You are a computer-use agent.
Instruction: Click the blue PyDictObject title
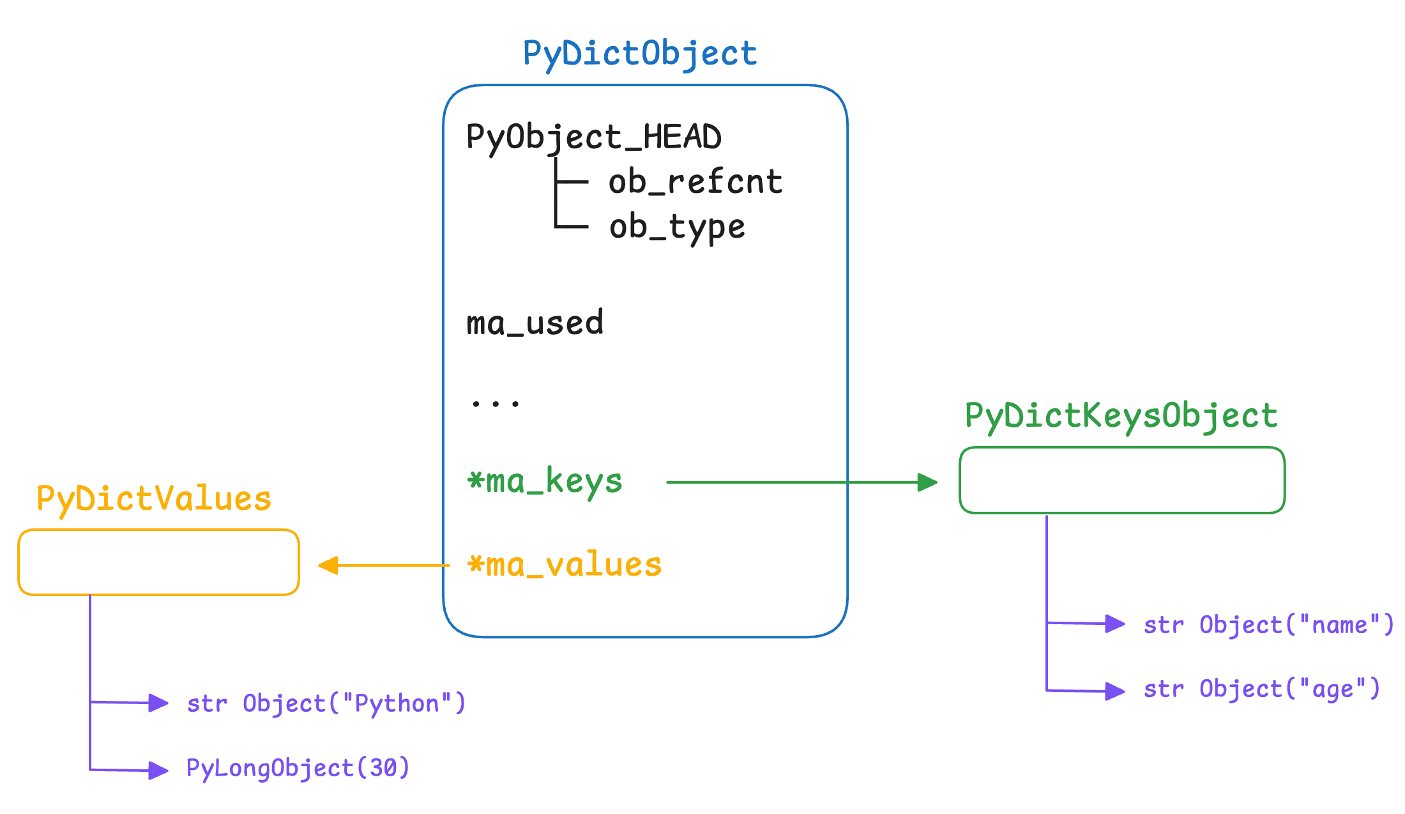640,54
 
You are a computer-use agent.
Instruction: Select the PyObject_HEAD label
594,137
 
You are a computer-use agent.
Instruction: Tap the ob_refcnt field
695,181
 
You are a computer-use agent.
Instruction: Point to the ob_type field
678,227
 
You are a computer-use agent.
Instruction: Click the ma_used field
535,322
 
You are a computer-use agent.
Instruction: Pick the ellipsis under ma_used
496,403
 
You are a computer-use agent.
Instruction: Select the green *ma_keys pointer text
545,481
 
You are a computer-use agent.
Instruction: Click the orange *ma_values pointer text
565,565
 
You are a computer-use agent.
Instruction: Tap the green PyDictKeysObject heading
1121,417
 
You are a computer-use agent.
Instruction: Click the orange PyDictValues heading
154,499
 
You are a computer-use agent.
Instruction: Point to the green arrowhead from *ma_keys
927,482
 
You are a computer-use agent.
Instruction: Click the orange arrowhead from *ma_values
328,565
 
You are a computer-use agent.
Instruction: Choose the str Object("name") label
1268,625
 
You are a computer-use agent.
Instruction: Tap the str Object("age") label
1262,689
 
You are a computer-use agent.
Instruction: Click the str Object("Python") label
326,703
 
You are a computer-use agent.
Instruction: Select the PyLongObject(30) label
298,768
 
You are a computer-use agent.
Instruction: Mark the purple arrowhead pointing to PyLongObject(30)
158,771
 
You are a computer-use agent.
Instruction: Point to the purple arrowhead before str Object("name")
1115,624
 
